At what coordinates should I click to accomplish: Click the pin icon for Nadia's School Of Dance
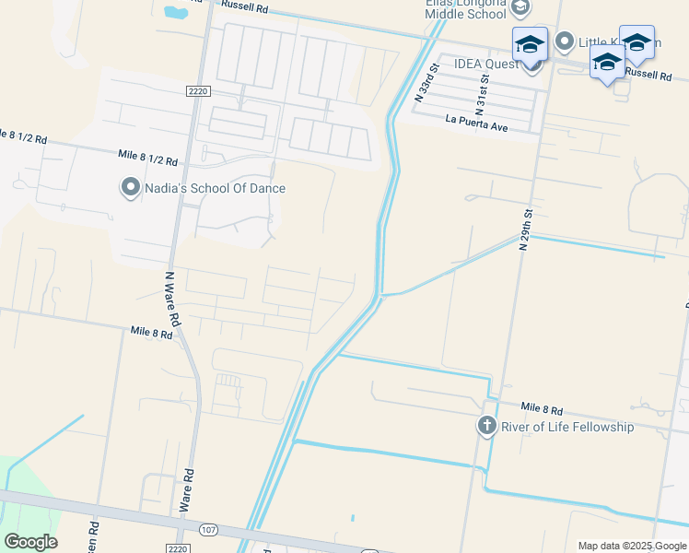point(131,188)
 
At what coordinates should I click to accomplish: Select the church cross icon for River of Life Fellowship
point(486,426)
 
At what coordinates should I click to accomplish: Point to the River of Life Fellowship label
point(566,427)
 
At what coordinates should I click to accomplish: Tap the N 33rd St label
point(425,79)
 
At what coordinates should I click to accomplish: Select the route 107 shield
point(208,529)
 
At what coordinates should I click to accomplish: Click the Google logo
point(30,541)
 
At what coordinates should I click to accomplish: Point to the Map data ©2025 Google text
point(632,546)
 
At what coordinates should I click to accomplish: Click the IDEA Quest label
point(485,65)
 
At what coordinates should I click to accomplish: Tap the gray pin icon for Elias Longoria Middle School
point(520,8)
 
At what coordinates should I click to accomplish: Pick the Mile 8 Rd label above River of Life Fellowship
point(541,407)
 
